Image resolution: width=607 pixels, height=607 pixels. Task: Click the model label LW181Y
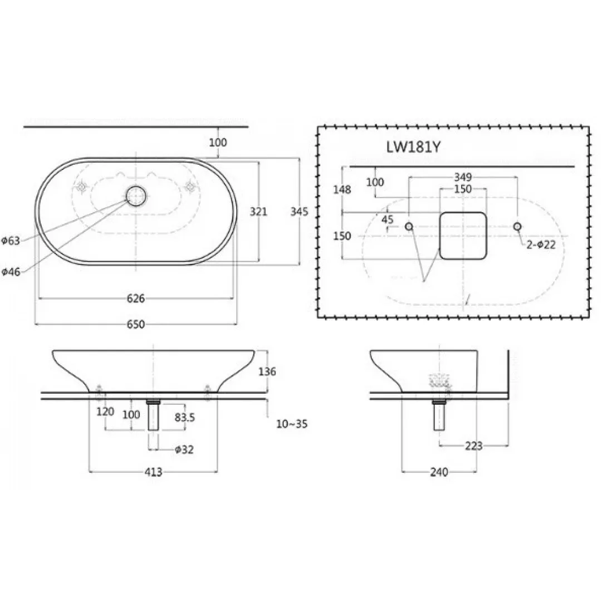coord(413,147)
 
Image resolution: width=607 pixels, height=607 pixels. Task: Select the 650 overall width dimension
coord(136,324)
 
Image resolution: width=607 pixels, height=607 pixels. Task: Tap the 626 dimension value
coord(136,298)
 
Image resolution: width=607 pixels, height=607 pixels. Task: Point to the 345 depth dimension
coord(299,212)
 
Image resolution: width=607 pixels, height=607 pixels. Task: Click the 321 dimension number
coord(258,212)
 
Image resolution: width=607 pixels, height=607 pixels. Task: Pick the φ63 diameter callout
coord(11,241)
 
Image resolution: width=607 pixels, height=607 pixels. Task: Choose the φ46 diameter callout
coord(11,272)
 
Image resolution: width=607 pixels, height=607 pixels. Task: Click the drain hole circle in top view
coord(136,196)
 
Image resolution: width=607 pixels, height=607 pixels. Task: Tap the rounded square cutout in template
coord(463,236)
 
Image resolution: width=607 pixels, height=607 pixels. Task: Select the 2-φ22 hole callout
coord(541,244)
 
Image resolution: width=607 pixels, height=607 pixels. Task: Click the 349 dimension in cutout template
coord(463,177)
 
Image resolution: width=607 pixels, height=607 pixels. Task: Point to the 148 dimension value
coord(342,190)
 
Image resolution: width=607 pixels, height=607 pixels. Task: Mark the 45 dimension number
coord(388,219)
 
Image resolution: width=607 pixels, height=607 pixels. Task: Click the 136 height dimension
coord(267,371)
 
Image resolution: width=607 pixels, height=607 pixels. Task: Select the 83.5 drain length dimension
coord(185,417)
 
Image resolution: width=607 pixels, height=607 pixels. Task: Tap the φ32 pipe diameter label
coord(184,449)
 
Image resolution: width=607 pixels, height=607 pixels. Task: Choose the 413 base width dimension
coord(153,472)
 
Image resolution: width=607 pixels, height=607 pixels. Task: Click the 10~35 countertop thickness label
coord(292,424)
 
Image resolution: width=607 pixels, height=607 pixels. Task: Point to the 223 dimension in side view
coord(474,446)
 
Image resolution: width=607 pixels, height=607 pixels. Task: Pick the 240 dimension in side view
coord(439,472)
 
